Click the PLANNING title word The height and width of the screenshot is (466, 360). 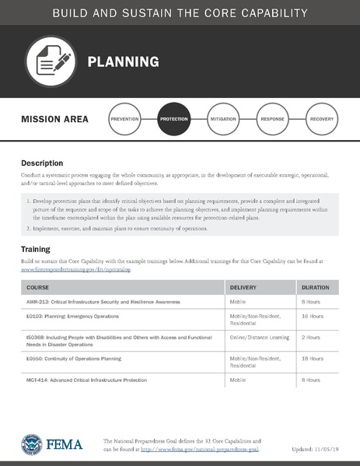(x=123, y=61)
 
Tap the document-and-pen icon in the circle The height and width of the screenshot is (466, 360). (x=51, y=61)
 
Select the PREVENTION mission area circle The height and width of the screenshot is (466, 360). (x=125, y=120)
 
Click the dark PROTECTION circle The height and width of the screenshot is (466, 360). (x=173, y=120)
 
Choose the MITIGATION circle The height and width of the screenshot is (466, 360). (x=223, y=120)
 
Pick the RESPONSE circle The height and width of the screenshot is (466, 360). (x=272, y=120)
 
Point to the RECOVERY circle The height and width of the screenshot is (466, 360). (x=321, y=120)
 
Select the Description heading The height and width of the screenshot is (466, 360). (x=42, y=163)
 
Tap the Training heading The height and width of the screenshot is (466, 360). (x=36, y=249)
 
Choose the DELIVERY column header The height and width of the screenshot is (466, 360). (x=243, y=288)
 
